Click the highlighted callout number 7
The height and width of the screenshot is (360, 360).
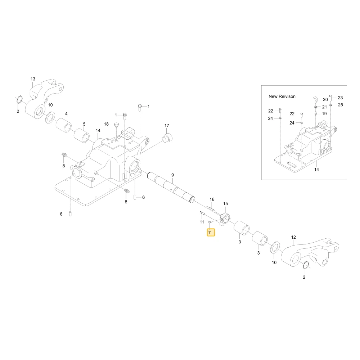point(210,233)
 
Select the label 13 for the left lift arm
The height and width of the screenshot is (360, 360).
point(33,79)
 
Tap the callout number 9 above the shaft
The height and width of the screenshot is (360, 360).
point(173,175)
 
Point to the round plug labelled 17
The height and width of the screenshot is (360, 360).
point(167,137)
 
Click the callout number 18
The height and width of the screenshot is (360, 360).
point(106,124)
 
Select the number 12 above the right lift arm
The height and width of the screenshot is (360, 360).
point(293,237)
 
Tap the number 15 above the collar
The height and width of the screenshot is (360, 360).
point(225,204)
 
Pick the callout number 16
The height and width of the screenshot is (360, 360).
point(212,199)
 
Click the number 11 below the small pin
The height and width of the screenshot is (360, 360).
point(202,222)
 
